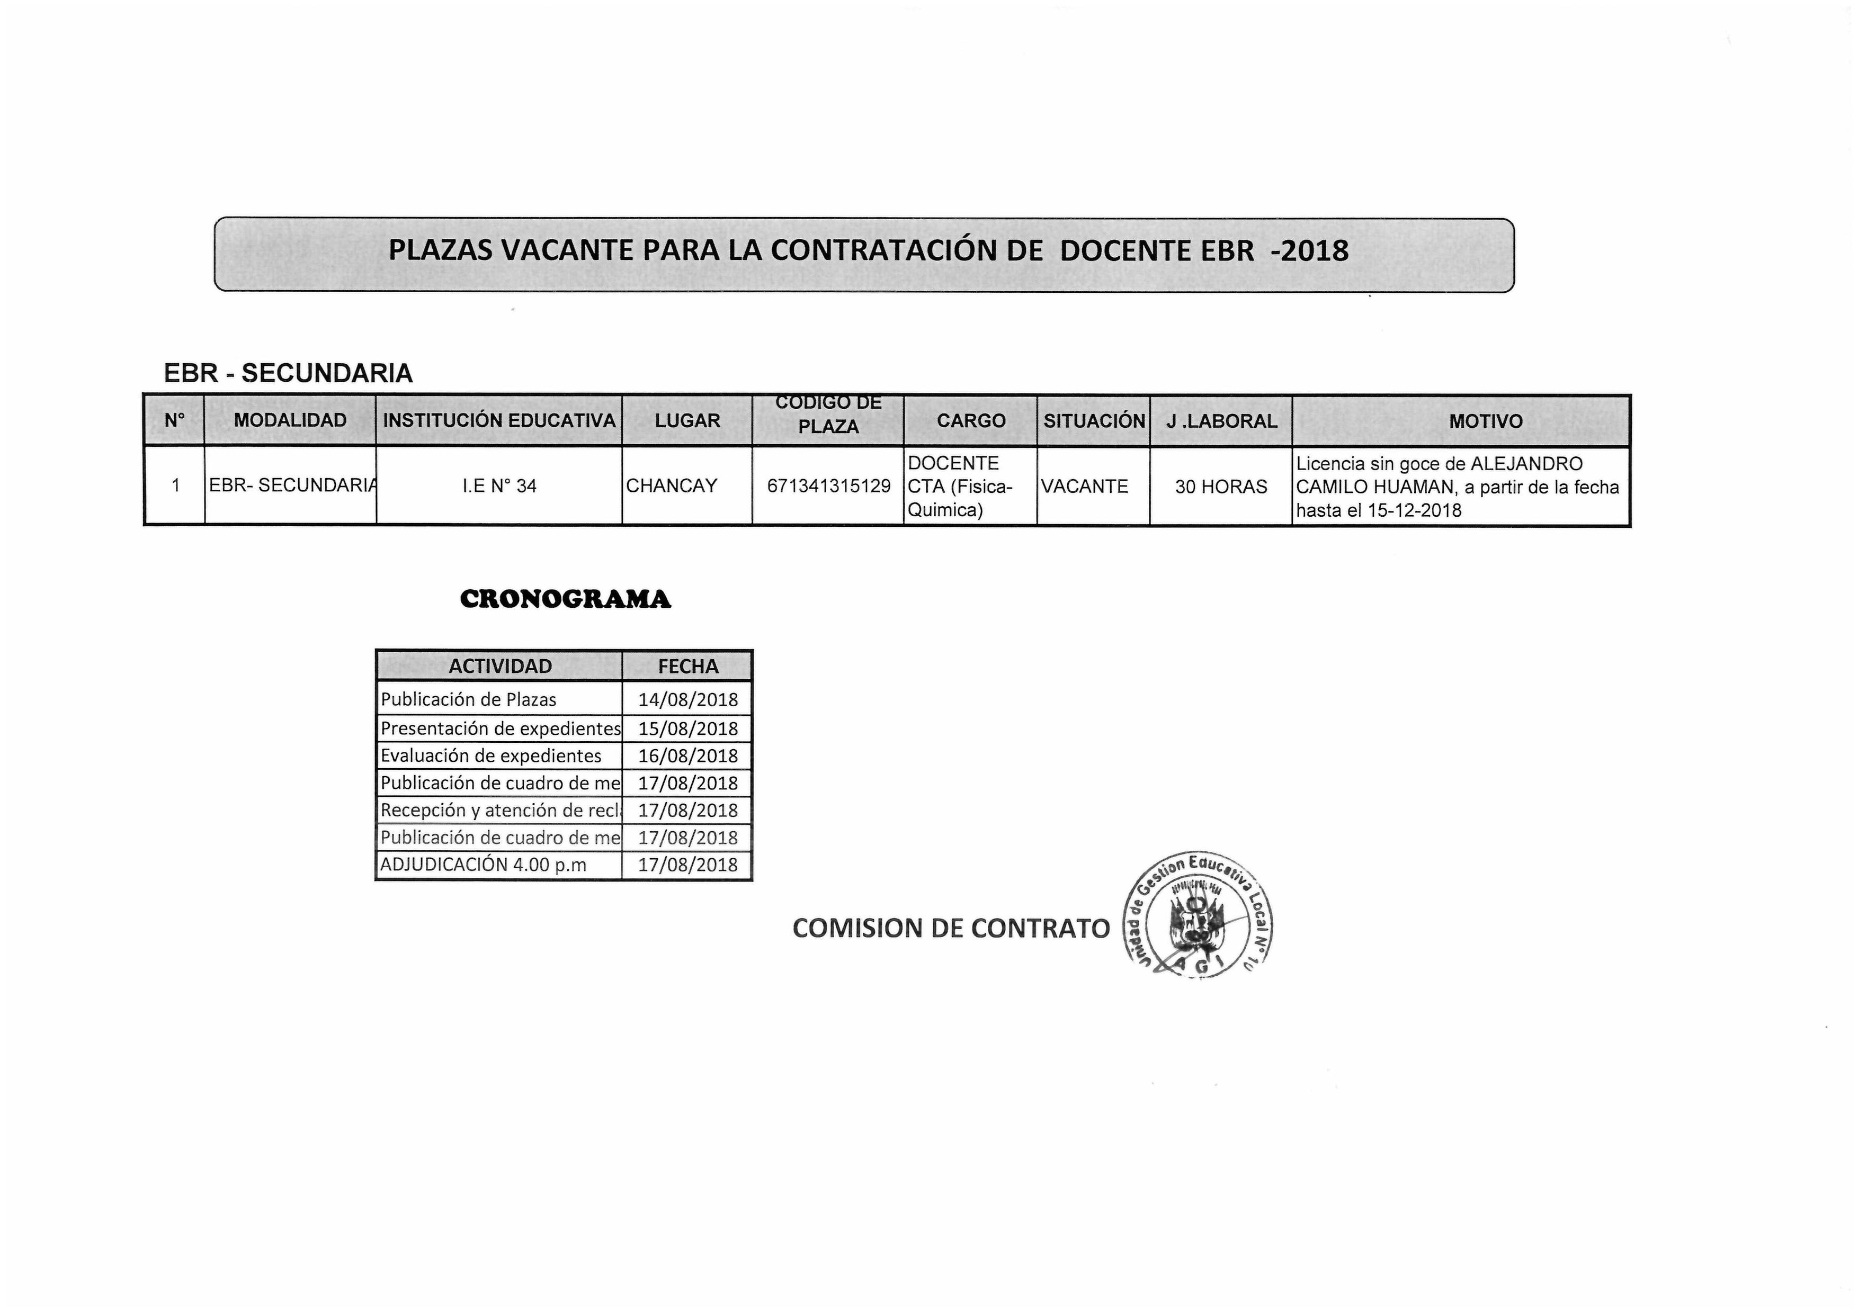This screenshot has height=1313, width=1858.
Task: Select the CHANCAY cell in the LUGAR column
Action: (x=672, y=486)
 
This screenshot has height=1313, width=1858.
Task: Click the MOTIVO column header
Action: (x=1485, y=421)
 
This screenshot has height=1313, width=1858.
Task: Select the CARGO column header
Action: (x=970, y=421)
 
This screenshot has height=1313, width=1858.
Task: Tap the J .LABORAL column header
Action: (x=1221, y=421)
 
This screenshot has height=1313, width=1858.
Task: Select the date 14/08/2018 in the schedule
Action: (x=688, y=700)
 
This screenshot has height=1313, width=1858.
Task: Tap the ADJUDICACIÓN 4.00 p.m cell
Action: (x=483, y=865)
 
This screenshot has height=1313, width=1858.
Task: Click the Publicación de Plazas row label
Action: (x=469, y=700)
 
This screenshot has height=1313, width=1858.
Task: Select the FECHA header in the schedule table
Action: (x=688, y=667)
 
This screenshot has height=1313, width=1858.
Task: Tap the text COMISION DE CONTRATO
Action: (x=951, y=929)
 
